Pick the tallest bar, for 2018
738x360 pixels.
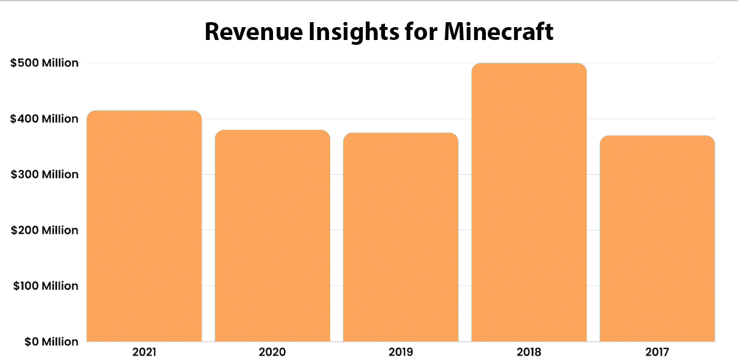[x=529, y=202]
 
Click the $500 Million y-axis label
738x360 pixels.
[x=45, y=63]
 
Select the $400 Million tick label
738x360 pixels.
[x=45, y=119]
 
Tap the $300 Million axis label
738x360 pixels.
[x=45, y=174]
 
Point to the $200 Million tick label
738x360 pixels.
[x=45, y=230]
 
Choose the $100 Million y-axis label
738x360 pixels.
[x=45, y=286]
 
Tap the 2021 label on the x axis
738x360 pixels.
[x=144, y=353]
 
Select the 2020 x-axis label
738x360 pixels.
[x=272, y=353]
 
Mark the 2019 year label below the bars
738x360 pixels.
[x=401, y=353]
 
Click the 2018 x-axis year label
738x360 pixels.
[x=529, y=353]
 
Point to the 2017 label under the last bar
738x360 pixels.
[x=657, y=353]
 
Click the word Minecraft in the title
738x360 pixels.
[x=498, y=31]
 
